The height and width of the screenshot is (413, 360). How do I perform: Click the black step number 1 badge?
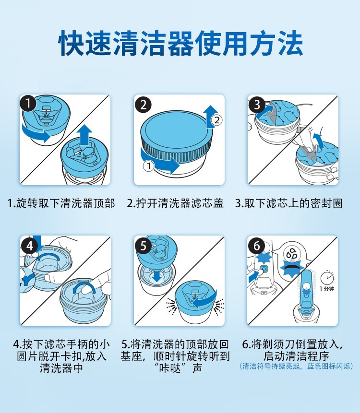(x=28, y=103)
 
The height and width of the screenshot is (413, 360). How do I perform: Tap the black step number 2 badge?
(x=143, y=105)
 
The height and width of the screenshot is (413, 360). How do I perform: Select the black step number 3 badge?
(x=257, y=105)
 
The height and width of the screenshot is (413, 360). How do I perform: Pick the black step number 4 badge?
(x=29, y=246)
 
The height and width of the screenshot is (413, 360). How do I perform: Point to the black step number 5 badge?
(x=143, y=246)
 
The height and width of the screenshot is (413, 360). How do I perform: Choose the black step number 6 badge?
(x=256, y=246)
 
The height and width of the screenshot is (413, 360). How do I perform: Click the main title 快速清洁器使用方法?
(x=180, y=43)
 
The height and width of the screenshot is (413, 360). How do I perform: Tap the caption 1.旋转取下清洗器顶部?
(x=61, y=203)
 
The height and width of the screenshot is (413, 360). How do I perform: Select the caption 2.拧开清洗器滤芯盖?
(x=175, y=203)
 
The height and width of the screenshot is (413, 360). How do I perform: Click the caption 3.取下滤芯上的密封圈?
(x=289, y=203)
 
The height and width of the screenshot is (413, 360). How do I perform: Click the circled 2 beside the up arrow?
(x=217, y=120)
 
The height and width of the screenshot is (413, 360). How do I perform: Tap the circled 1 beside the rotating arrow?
(x=149, y=166)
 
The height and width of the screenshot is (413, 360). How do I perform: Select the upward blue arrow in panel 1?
(x=84, y=134)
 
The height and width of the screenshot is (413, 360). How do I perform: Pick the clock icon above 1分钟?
(x=327, y=277)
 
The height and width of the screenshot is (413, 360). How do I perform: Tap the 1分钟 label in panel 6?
(x=327, y=289)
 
